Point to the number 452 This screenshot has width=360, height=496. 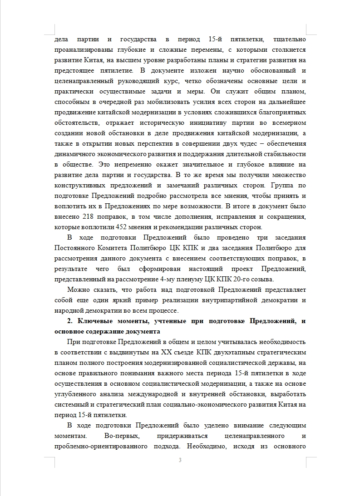[137, 227]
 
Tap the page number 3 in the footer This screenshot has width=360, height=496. [180, 461]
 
